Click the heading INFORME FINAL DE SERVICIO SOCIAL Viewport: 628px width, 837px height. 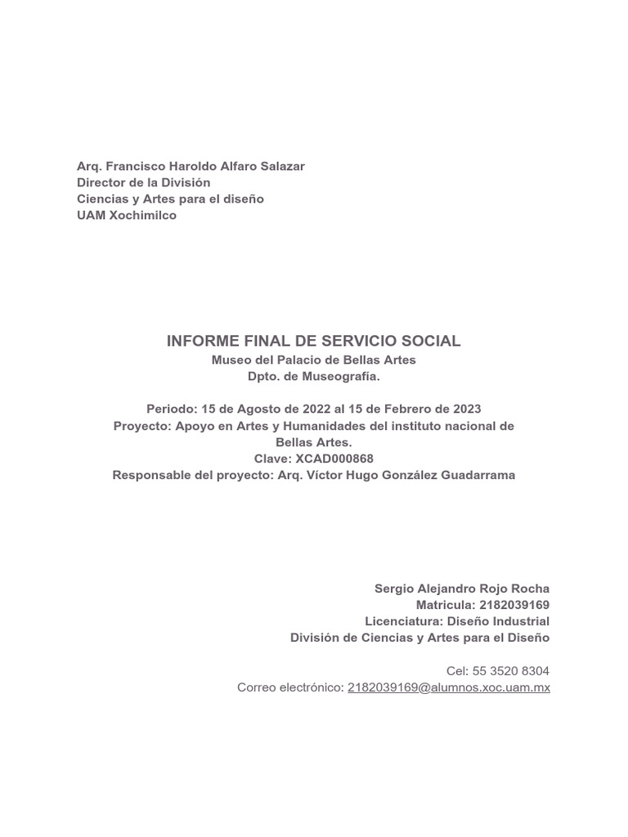314,341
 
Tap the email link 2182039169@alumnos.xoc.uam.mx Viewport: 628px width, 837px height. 449,687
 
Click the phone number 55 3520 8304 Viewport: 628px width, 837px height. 511,671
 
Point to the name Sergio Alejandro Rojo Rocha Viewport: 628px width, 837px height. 462,589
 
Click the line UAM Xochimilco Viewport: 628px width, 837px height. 127,216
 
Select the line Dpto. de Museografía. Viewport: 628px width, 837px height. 314,376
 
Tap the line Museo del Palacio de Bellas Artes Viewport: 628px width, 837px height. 314,360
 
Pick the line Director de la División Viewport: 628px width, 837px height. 144,182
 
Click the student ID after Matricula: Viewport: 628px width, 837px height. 514,605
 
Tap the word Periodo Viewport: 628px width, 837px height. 168,409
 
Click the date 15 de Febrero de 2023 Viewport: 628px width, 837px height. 418,409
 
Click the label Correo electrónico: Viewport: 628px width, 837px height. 290,687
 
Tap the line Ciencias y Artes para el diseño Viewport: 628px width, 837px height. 170,199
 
